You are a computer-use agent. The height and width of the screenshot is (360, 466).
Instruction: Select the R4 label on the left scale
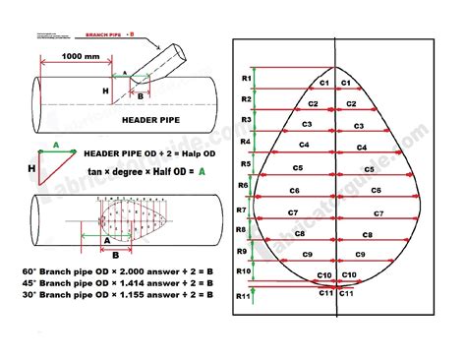point(247,142)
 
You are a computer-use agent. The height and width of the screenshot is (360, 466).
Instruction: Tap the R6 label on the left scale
point(245,185)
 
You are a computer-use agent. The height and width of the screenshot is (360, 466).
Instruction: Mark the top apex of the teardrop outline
point(335,68)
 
